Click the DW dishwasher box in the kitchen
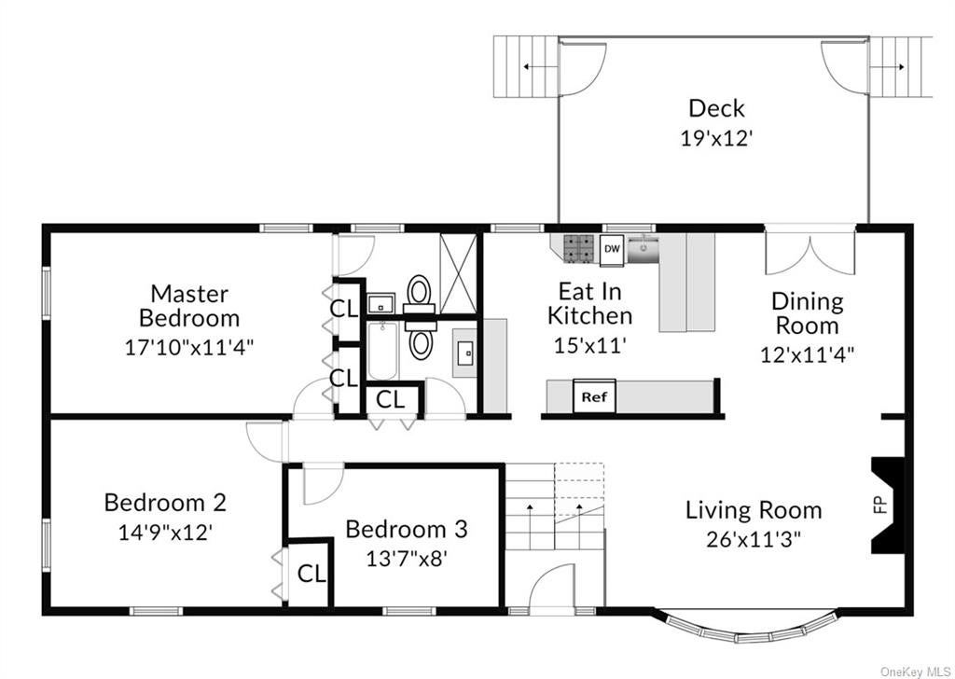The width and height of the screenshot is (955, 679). pyautogui.click(x=612, y=250)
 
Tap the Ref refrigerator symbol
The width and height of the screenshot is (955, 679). pyautogui.click(x=594, y=396)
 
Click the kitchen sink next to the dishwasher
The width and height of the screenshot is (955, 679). pyautogui.click(x=643, y=249)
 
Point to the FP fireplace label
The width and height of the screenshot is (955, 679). pyautogui.click(x=879, y=505)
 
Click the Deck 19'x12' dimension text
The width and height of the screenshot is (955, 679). pyautogui.click(x=717, y=138)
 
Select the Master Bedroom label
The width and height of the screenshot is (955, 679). pyautogui.click(x=189, y=306)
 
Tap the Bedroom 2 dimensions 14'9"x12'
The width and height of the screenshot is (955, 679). pyautogui.click(x=165, y=533)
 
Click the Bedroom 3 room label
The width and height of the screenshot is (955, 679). pyautogui.click(x=407, y=529)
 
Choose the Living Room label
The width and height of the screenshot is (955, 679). pyautogui.click(x=754, y=509)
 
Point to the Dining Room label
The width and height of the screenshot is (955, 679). pyautogui.click(x=807, y=313)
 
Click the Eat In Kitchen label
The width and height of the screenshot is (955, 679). pyautogui.click(x=589, y=303)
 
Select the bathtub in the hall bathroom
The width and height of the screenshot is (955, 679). pyautogui.click(x=382, y=352)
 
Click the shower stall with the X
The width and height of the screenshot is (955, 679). pyautogui.click(x=458, y=273)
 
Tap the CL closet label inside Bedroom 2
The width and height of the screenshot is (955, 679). pyautogui.click(x=311, y=573)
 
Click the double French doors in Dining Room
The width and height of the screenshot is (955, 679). pyautogui.click(x=810, y=251)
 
